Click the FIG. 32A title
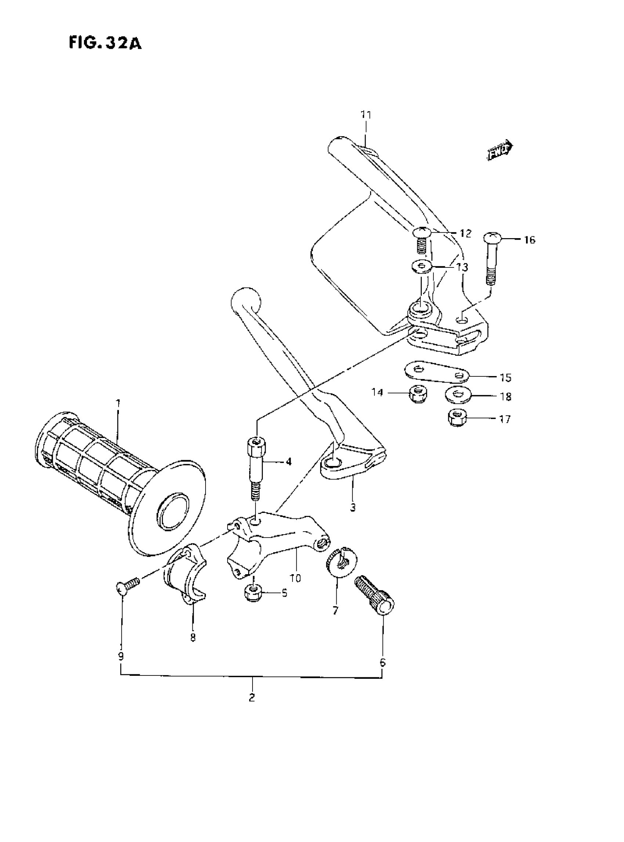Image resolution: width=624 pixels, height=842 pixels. [105, 43]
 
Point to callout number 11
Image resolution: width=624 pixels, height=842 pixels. [366, 114]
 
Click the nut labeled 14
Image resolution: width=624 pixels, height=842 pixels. [417, 394]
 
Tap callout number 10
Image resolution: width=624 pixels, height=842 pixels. [295, 578]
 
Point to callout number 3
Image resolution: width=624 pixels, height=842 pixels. [353, 507]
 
